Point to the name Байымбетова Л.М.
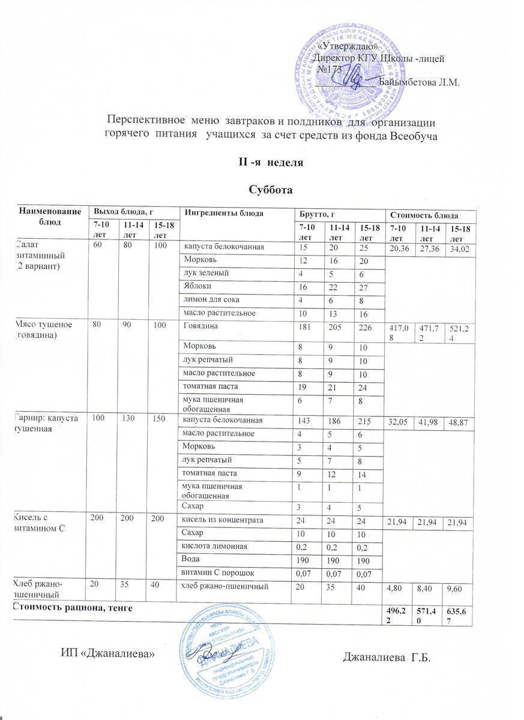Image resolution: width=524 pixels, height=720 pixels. pos(420,83)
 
